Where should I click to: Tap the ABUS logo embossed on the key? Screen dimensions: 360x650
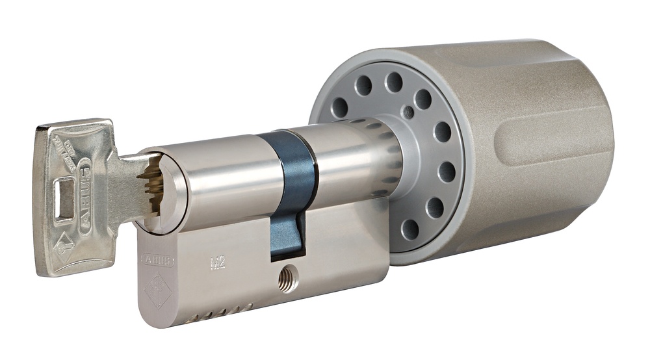(x=85, y=185)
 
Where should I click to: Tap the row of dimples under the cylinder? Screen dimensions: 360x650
(x=221, y=313)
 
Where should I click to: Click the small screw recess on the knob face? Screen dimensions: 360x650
(x=408, y=112)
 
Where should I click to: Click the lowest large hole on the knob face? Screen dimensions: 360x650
(x=410, y=229)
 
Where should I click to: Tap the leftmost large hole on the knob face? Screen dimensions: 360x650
(x=339, y=107)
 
